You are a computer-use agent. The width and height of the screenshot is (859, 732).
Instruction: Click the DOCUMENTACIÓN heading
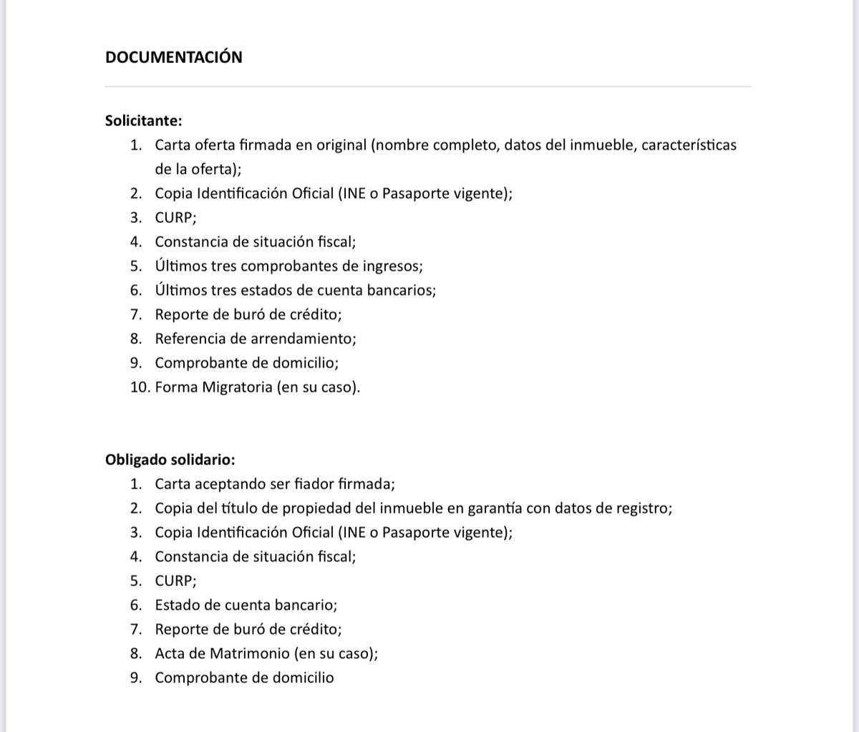tap(173, 57)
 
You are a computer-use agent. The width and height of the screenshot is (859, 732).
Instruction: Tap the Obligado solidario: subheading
tap(170, 459)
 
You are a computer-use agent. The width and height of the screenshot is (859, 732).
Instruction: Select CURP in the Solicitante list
tap(174, 218)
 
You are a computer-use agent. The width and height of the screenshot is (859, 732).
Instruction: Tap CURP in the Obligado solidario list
tap(174, 581)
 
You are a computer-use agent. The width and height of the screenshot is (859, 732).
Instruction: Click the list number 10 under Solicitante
tap(139, 387)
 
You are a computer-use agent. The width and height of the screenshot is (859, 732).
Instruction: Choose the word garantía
tap(495, 508)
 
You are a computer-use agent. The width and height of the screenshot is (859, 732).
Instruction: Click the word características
tap(689, 145)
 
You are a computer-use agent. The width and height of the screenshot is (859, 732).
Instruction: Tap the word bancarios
tap(403, 290)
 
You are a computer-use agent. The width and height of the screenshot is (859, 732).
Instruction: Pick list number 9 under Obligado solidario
tap(135, 678)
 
